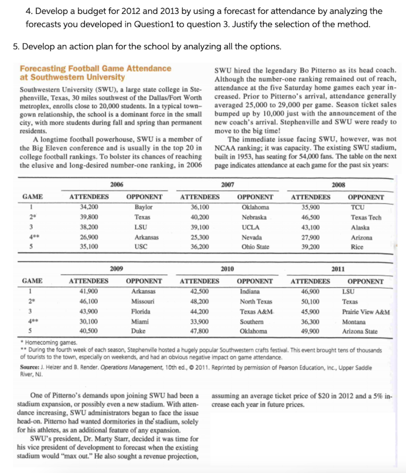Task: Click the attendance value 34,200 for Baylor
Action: tap(89, 207)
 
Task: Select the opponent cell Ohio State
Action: tap(255, 247)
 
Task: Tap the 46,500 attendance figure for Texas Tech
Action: tap(310, 217)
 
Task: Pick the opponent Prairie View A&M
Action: tap(366, 312)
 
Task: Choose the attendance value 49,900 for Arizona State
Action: tap(310, 332)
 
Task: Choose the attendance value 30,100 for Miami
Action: tap(89, 322)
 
